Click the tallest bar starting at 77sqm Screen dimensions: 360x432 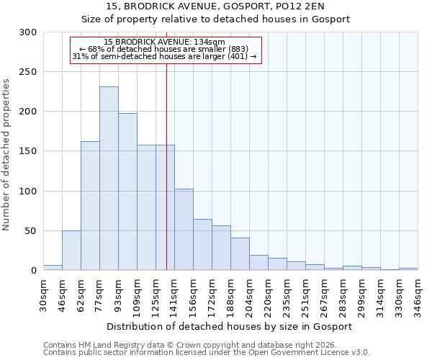[109, 179]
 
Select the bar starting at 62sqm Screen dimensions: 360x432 [90, 205]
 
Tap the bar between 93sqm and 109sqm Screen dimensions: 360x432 [127, 192]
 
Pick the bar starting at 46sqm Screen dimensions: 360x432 [71, 251]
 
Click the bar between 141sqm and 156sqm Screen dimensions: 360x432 [184, 229]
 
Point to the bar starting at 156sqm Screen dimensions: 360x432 [202, 245]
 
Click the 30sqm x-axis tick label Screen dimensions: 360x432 [43, 295]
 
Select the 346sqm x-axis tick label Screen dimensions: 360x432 [418, 295]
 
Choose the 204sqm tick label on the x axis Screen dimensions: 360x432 [249, 295]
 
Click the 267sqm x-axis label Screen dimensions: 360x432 [324, 295]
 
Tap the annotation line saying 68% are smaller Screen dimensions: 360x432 [164, 49]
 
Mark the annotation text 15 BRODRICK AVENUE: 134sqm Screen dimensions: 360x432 [164, 42]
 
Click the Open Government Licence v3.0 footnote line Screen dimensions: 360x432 [206, 352]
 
